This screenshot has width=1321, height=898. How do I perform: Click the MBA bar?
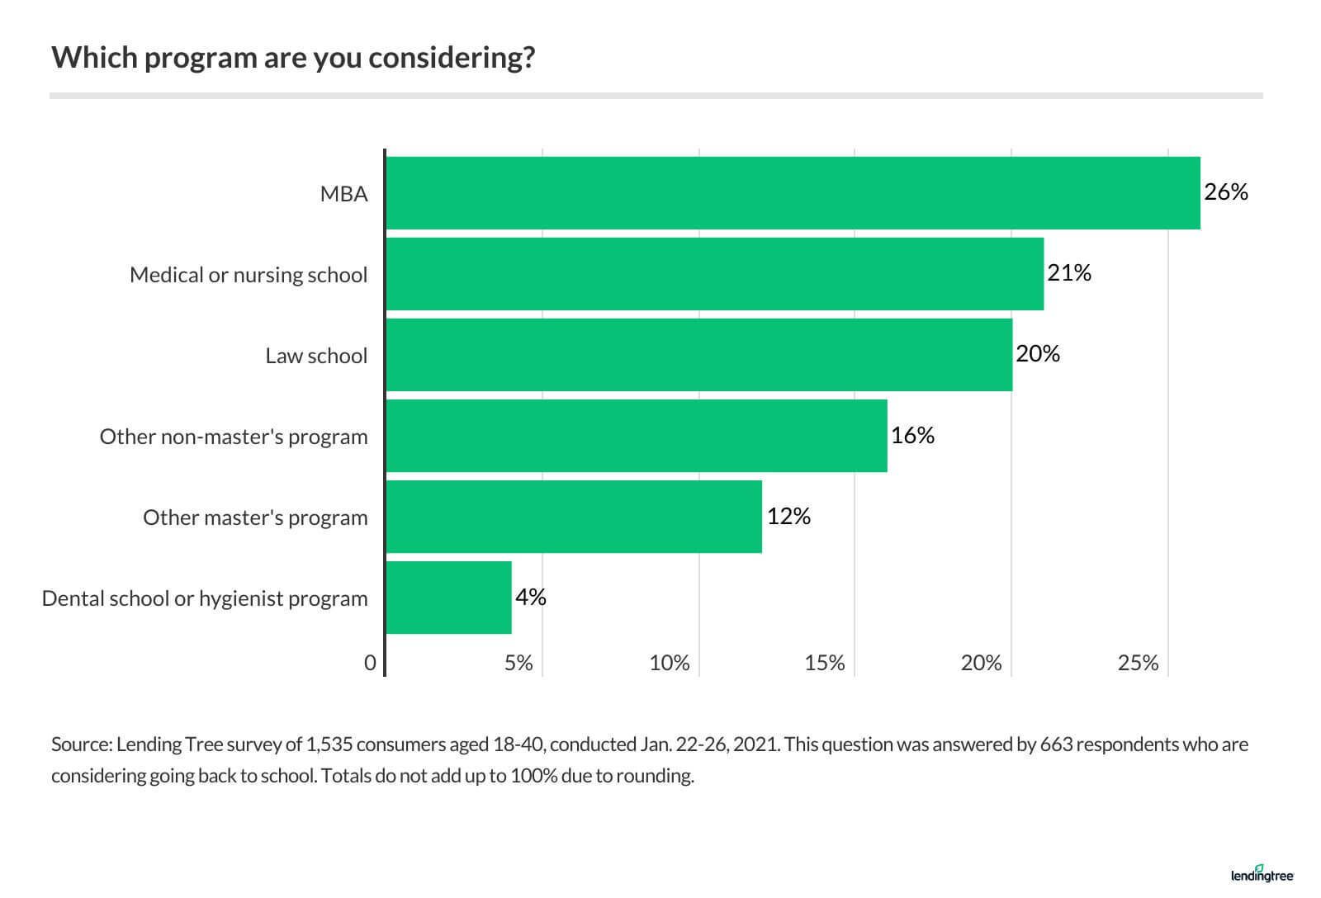click(793, 193)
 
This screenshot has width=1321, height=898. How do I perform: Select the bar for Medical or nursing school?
click(714, 274)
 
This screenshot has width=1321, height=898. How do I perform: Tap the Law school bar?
click(698, 355)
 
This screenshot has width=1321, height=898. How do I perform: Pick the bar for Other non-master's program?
click(636, 436)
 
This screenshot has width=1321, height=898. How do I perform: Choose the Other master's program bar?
click(573, 517)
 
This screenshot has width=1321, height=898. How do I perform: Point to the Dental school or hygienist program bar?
click(448, 598)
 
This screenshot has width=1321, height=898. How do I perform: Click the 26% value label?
click(1226, 192)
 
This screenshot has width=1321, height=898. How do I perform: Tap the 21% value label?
click(1069, 273)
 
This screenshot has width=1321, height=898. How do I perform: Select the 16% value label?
click(912, 435)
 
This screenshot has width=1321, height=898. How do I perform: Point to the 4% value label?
click(531, 597)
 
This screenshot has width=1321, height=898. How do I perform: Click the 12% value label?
click(788, 516)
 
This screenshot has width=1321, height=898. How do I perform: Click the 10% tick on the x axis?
click(669, 663)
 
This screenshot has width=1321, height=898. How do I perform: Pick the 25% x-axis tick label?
click(1138, 663)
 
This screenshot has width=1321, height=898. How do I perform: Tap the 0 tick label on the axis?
click(370, 663)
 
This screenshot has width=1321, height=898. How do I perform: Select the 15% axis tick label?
click(825, 663)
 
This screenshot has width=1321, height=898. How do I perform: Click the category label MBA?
click(344, 194)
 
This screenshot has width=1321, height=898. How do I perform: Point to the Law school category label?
click(316, 356)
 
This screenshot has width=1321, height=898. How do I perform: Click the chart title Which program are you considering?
click(293, 58)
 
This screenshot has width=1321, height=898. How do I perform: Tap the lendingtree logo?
click(1262, 874)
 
